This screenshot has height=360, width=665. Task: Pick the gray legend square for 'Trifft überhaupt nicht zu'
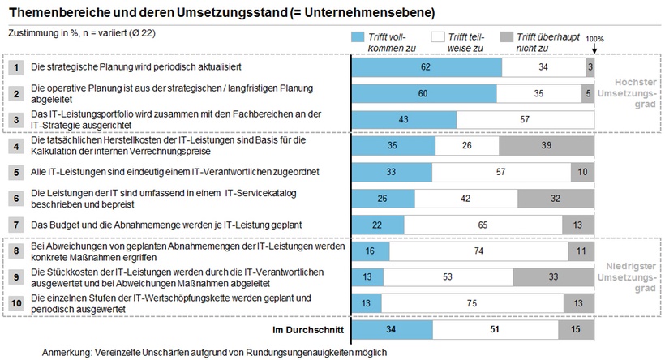pyautogui.click(x=507, y=37)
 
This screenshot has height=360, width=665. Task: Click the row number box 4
pyautogui.click(x=16, y=146)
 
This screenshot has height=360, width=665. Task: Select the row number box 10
pyautogui.click(x=16, y=304)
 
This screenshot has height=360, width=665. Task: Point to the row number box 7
pyautogui.click(x=16, y=225)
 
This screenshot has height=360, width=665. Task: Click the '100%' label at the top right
pyautogui.click(x=594, y=38)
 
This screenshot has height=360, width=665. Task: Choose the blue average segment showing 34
pyautogui.click(x=393, y=330)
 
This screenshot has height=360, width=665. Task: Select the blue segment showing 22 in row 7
pyautogui.click(x=377, y=225)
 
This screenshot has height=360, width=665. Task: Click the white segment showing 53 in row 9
pyautogui.click(x=448, y=277)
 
